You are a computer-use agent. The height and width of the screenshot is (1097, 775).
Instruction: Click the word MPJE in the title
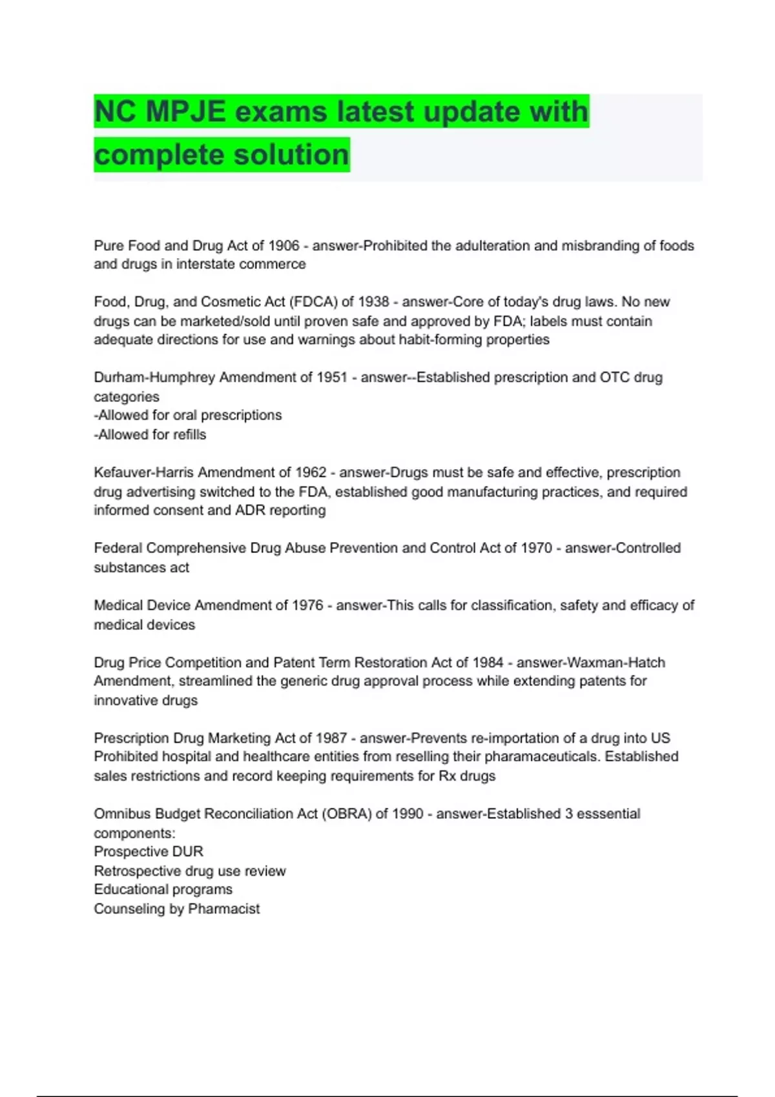click(185, 112)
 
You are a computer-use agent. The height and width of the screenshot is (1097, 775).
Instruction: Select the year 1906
click(284, 246)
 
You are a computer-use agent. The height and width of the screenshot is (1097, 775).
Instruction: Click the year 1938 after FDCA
click(373, 302)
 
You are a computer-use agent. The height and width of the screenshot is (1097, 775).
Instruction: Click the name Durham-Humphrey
click(154, 377)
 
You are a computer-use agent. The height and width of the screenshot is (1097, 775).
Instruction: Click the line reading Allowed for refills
click(150, 435)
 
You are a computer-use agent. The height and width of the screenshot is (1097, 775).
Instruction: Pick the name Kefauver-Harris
click(144, 472)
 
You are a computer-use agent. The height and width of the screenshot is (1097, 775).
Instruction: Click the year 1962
click(311, 472)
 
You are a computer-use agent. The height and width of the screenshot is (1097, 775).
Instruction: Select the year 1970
click(536, 548)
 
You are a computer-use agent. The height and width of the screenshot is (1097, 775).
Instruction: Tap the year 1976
click(307, 605)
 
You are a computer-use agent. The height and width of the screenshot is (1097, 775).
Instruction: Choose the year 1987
click(331, 738)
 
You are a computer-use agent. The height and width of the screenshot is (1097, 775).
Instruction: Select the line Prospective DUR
click(149, 852)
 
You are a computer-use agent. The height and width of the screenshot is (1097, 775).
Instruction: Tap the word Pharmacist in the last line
click(223, 909)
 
